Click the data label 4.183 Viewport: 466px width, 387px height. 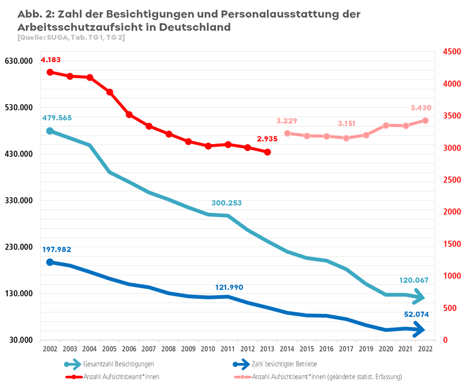click(50, 60)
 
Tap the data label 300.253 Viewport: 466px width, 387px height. click(226, 203)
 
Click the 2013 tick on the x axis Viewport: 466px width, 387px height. click(267, 349)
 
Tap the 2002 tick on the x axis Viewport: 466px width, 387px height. click(49, 349)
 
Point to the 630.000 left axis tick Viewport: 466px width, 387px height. click(19, 61)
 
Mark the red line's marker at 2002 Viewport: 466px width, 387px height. click(50, 73)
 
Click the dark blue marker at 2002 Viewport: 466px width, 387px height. click(50, 262)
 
